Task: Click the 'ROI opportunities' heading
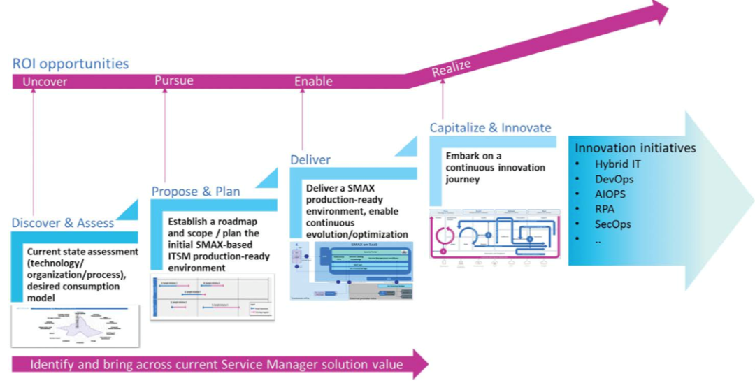pos(71,64)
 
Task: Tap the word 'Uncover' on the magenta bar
pos(45,82)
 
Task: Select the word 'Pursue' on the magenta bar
pos(173,80)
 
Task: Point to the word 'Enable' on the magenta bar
pos(313,81)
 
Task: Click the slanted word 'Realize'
pos(452,68)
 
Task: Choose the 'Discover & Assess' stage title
pos(62,223)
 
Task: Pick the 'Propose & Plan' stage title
pos(196,191)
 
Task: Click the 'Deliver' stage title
pos(310,159)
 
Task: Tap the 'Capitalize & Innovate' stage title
pos(490,128)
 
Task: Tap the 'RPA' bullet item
pos(605,209)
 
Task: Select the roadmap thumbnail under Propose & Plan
pos(213,296)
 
